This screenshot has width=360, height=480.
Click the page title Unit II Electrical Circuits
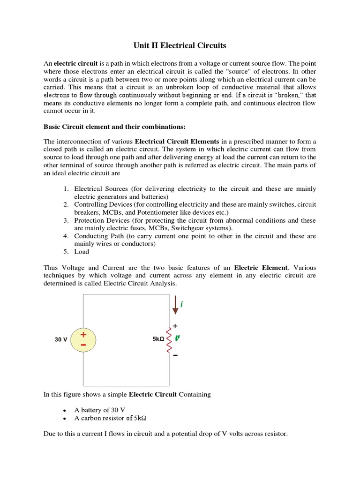[180, 45]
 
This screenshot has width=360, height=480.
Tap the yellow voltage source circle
[83, 340]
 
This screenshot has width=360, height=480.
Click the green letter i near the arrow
[181, 305]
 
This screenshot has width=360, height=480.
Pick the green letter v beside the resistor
[178, 337]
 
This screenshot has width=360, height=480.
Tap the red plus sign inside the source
[83, 335]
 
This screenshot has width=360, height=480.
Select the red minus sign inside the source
[83, 345]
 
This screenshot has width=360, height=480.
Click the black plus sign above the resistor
[176, 325]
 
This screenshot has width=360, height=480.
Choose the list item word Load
[82, 252]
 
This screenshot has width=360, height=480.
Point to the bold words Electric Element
[262, 268]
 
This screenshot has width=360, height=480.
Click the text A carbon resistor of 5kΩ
[113, 418]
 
